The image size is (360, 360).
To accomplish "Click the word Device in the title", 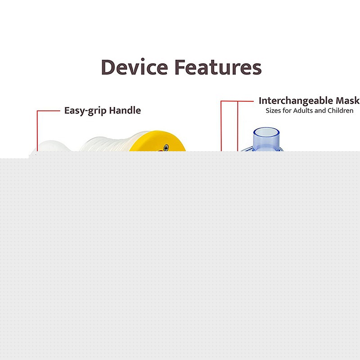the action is point(135,67).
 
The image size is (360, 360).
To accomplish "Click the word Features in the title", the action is point(218,67).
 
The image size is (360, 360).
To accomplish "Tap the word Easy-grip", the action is point(85,111).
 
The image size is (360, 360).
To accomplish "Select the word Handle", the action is point(125,110).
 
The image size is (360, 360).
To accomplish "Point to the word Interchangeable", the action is point(296,101).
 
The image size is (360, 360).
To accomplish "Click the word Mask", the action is point(347,100).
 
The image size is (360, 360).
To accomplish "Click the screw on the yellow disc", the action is point(166,147).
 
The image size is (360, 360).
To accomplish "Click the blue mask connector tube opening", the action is point(266,132).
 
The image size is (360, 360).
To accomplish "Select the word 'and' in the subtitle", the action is point(320,111).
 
